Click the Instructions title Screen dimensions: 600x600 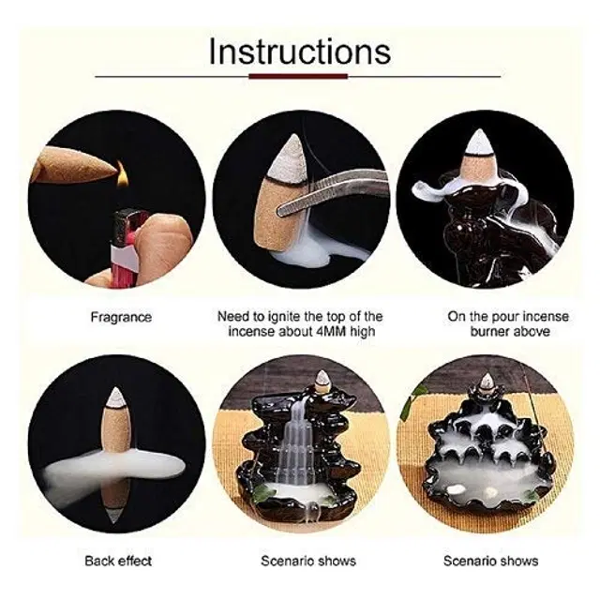pyautogui.click(x=300, y=51)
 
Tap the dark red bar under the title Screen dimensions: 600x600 pyautogui.click(x=298, y=77)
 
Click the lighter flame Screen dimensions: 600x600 pyautogui.click(x=121, y=174)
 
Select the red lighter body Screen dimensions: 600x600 pyautogui.click(x=123, y=248)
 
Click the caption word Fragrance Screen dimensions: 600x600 pyautogui.click(x=121, y=317)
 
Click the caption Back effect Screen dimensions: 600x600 pyautogui.click(x=118, y=561)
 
